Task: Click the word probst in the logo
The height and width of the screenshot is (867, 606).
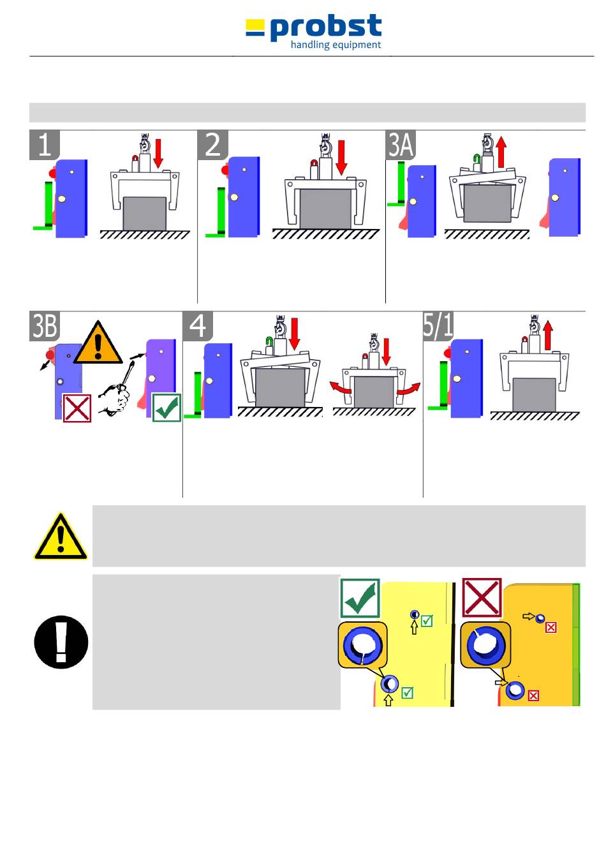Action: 325,27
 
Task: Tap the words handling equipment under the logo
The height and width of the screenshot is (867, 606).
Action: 336,45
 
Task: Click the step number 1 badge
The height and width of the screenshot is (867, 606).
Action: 45,145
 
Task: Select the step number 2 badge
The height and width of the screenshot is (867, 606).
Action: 213,145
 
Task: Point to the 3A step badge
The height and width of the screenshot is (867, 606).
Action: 401,145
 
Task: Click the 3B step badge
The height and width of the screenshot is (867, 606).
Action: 45,326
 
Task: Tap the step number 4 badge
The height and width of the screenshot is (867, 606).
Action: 198,326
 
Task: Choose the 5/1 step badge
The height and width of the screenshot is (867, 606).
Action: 438,326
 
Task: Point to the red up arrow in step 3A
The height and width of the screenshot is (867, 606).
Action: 501,151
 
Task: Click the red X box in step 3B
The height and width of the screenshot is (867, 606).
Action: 77,408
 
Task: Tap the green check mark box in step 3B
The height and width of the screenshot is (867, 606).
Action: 166,408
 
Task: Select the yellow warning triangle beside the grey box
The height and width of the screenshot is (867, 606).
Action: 61,537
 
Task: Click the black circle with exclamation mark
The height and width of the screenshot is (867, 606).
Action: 61,642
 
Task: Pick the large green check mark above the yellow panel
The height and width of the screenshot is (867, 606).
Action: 360,598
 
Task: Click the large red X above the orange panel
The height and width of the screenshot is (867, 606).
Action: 482,598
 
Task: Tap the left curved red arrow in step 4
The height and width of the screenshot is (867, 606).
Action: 341,387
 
